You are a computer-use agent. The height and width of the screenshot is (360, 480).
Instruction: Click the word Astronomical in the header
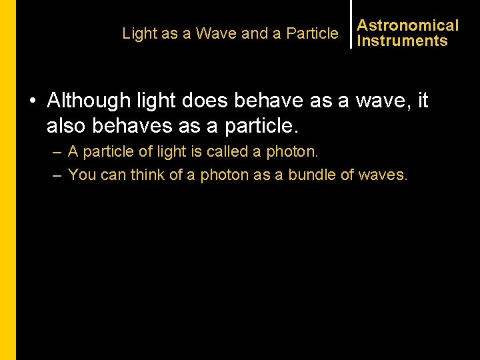pos(407,25)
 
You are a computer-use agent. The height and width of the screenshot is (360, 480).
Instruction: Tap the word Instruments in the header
pos(402,41)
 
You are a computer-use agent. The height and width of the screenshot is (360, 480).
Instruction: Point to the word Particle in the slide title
pos(312,33)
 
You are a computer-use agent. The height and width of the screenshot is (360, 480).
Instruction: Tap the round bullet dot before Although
pos(33,101)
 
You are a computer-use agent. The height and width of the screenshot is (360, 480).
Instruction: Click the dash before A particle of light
pos(57,153)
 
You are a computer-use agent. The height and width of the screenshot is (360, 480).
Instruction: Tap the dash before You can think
pos(57,175)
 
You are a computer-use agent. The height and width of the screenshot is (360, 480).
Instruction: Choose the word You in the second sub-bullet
pos(82,175)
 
